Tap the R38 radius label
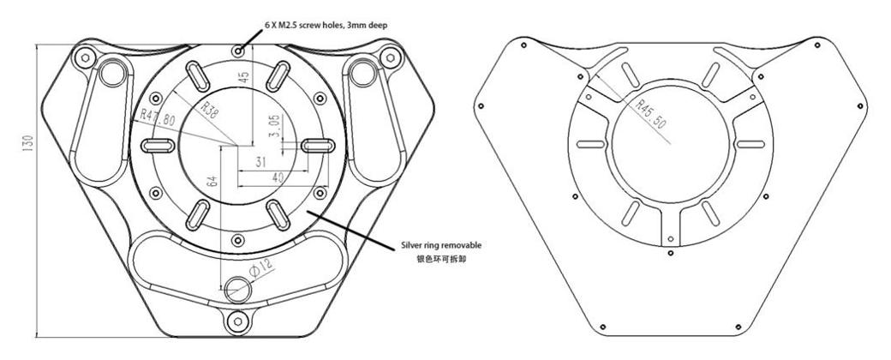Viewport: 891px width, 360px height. pos(206,110)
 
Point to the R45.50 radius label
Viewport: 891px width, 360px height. pos(650,116)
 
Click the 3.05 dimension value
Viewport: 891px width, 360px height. pos(274,126)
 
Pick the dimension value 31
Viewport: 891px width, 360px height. pos(260,161)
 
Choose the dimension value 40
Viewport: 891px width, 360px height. pos(278,177)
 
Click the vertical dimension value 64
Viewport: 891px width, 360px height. pos(212,182)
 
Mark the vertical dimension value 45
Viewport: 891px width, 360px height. pos(243,78)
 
